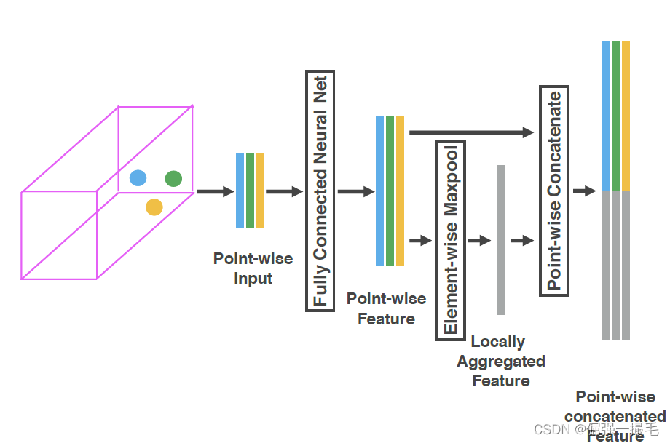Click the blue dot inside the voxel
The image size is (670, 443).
pos(138,178)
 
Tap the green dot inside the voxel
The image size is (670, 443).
pos(173,178)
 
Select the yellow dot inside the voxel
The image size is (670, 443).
pos(154,207)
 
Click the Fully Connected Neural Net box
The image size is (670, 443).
pos(320,191)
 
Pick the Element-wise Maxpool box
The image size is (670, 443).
pos(450,240)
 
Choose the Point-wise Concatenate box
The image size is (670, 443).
pos(554,191)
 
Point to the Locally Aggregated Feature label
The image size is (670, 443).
pos(500,361)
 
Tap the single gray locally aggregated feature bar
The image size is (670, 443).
pos(501,240)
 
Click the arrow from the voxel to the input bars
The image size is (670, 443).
pos(215,192)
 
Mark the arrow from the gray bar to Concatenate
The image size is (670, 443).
pos(522,241)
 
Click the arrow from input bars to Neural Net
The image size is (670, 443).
pos(284,192)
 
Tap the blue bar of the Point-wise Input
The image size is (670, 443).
pos(240,191)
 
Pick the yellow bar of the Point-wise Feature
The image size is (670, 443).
pos(400,191)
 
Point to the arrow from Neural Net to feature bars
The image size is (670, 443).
pos(355,192)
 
